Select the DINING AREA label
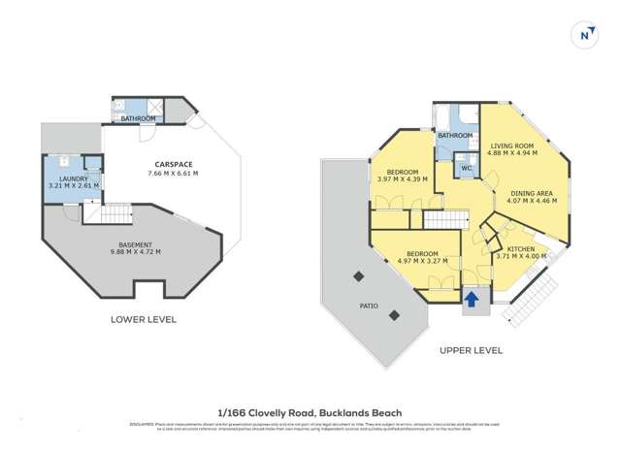(532, 194)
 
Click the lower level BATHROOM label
(139, 118)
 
